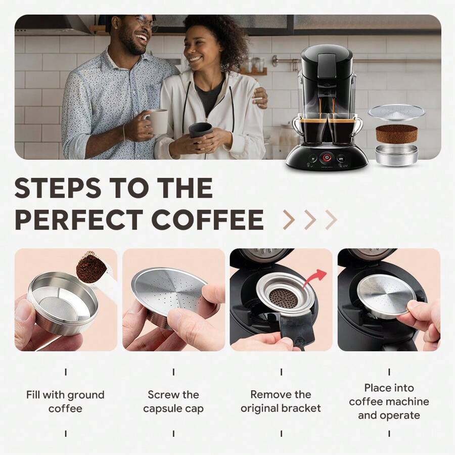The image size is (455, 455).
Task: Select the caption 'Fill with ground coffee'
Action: [x=65, y=401]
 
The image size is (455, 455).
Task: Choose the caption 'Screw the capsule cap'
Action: [x=173, y=401]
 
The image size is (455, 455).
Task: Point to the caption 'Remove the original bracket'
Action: [x=281, y=401]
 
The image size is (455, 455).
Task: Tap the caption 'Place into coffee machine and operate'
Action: [x=389, y=401]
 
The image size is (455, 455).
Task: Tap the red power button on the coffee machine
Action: [x=327, y=157]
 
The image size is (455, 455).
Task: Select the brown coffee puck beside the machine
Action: [x=396, y=133]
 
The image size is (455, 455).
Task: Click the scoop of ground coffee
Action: [x=92, y=267]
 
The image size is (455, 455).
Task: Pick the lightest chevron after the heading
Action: [x=331, y=219]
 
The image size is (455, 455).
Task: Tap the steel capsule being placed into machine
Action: [x=387, y=296]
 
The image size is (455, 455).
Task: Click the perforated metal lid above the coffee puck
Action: [x=396, y=112]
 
